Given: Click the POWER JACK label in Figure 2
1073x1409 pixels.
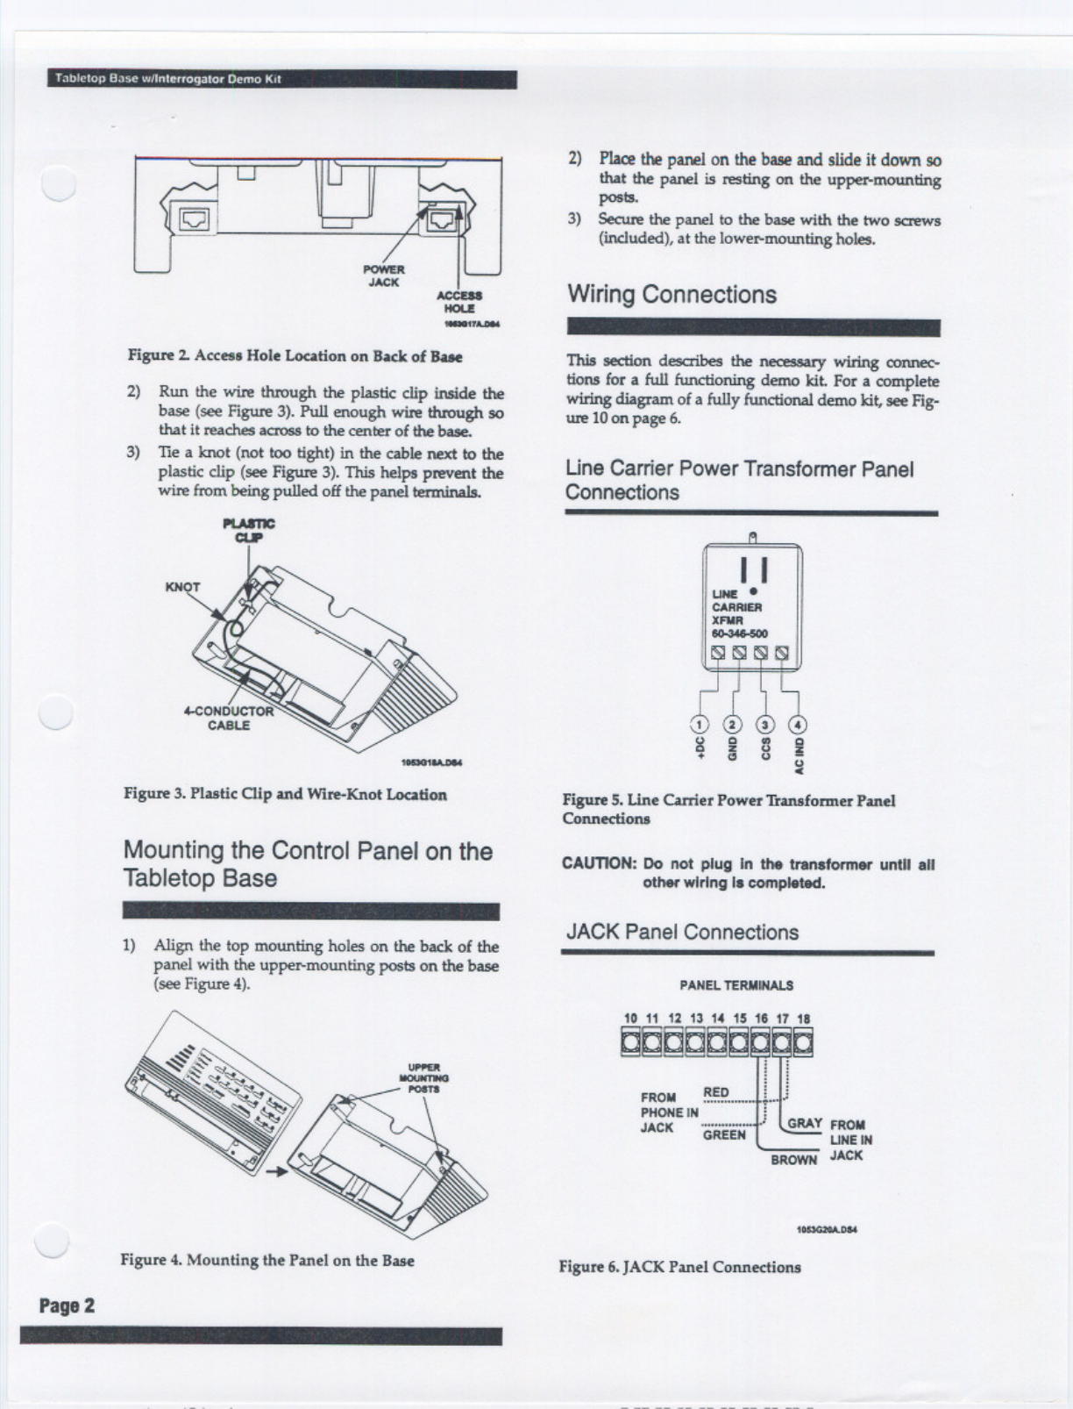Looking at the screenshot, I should pyautogui.click(x=384, y=275).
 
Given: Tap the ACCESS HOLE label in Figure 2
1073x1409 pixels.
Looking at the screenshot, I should pyautogui.click(x=459, y=302).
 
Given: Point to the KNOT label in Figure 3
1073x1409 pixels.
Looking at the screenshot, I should pyautogui.click(x=182, y=587).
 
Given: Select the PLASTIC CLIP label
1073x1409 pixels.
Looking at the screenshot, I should pyautogui.click(x=249, y=530).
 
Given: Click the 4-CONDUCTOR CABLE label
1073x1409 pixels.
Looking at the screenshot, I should pyautogui.click(x=229, y=718).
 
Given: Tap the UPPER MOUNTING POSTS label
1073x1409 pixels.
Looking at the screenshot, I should pyautogui.click(x=423, y=1077).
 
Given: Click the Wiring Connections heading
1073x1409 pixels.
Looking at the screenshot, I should pyautogui.click(x=672, y=294).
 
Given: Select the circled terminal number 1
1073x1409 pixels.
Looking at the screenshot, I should pyautogui.click(x=700, y=725).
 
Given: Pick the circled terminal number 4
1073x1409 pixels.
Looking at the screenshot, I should pyautogui.click(x=798, y=725).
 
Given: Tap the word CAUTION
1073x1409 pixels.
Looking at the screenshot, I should pyautogui.click(x=599, y=863).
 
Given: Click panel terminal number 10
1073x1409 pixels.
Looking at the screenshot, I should pyautogui.click(x=630, y=1019).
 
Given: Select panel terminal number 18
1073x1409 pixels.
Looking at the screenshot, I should pyautogui.click(x=804, y=1019).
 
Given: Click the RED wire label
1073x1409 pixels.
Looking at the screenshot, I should pyautogui.click(x=716, y=1091).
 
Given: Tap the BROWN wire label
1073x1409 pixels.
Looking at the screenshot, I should pyautogui.click(x=793, y=1159).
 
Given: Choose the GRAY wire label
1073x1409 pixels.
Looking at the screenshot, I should pyautogui.click(x=804, y=1123).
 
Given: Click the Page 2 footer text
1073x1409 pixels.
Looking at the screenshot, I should pyautogui.click(x=67, y=1305).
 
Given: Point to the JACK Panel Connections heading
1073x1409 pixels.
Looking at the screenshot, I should pyautogui.click(x=682, y=932).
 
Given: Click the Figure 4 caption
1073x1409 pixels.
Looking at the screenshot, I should pyautogui.click(x=267, y=1260).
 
